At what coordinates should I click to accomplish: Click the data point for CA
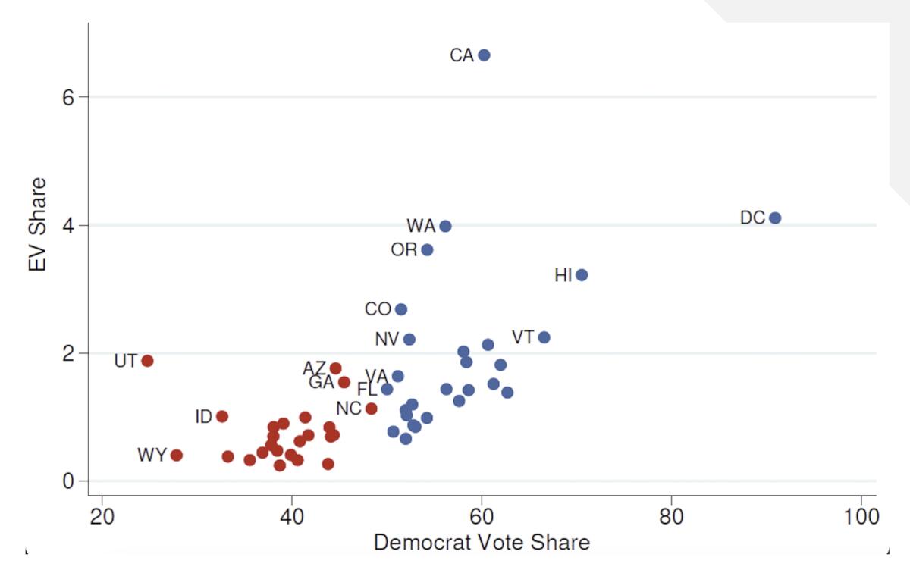(x=484, y=55)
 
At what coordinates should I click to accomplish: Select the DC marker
(x=774, y=218)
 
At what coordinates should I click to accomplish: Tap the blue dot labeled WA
(x=445, y=226)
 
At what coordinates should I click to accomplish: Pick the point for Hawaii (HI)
(x=582, y=275)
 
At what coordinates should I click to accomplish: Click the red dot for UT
(x=147, y=361)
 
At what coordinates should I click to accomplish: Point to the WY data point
(x=176, y=455)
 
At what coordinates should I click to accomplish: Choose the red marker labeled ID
(x=222, y=416)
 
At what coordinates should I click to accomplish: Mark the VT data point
(x=544, y=337)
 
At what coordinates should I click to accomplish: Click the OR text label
(x=403, y=250)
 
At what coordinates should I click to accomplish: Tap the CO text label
(x=378, y=309)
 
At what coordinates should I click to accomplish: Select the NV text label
(x=387, y=340)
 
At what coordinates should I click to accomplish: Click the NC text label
(x=349, y=409)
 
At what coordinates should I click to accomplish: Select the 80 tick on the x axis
(x=671, y=518)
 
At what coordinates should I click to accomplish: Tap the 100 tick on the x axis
(x=861, y=518)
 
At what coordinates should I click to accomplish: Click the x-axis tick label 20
(x=102, y=518)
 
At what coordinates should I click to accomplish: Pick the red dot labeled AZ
(x=335, y=368)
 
